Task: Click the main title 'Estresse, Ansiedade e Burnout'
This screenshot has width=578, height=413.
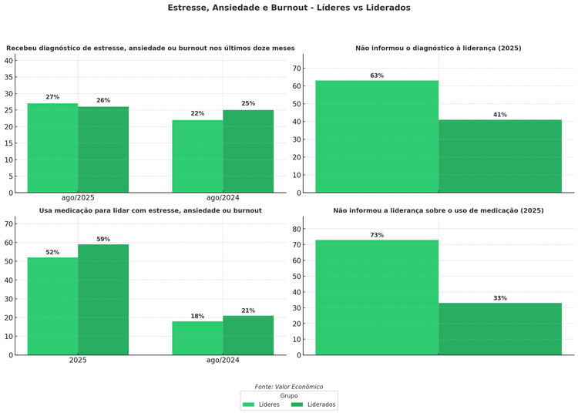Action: [x=289, y=8]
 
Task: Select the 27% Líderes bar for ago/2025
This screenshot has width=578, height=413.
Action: [x=52, y=148]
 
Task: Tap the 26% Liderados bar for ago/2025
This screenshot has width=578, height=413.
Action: [x=103, y=149]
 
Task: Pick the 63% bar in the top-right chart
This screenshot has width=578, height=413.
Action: [x=377, y=136]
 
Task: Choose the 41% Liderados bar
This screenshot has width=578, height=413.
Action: [x=500, y=156]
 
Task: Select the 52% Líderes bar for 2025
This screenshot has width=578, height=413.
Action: [x=52, y=306]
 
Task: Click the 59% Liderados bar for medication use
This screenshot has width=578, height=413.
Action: [x=103, y=300]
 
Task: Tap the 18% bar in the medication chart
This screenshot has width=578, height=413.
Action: [x=197, y=338]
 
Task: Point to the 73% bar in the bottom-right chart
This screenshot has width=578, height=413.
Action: [x=377, y=297]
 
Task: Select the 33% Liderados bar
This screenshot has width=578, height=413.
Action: [x=500, y=329]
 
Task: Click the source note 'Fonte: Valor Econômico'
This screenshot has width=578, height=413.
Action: [x=289, y=387]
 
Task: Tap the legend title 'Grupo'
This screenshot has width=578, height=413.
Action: [x=289, y=395]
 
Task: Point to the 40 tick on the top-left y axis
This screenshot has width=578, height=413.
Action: [x=9, y=60]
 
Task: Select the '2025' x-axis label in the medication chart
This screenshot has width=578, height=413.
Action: [x=78, y=360]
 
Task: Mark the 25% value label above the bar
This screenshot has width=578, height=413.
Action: [x=248, y=103]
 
